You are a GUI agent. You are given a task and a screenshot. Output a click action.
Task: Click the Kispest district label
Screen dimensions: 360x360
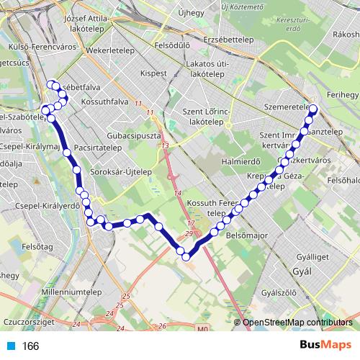click(153, 73)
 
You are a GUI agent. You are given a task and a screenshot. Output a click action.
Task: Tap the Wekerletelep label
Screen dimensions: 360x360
click(109, 52)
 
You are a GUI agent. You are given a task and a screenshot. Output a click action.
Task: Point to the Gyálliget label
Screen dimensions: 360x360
click(316, 256)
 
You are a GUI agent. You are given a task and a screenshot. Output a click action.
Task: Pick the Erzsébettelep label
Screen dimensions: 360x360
click(229, 40)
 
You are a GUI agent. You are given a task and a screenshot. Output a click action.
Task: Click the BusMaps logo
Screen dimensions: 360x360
click(325, 346)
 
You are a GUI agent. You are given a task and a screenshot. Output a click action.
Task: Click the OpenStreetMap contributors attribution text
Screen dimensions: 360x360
click(298, 323)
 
